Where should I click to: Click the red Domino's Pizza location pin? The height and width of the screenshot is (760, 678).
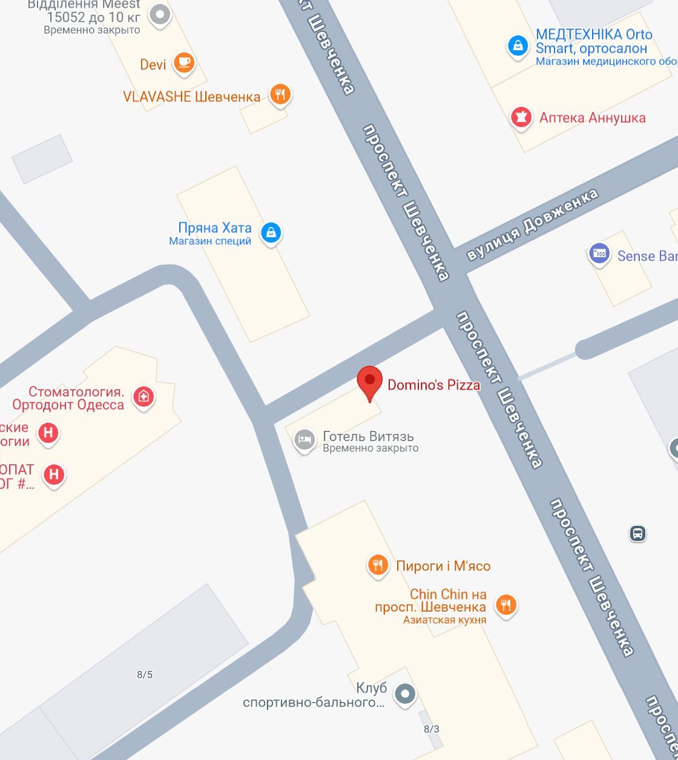click(369, 382)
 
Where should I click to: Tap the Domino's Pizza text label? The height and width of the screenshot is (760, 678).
click(433, 385)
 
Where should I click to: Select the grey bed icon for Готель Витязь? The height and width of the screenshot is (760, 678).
click(304, 439)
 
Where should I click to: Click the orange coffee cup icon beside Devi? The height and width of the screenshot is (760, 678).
click(183, 62)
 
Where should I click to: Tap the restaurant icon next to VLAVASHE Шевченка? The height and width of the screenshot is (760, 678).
click(279, 94)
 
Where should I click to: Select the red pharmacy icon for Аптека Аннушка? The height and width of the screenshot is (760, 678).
click(520, 116)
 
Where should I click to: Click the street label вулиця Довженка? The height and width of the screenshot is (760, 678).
click(532, 225)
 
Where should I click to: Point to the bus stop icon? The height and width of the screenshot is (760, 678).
click(637, 533)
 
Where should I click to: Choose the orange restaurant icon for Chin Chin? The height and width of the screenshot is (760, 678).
click(506, 604)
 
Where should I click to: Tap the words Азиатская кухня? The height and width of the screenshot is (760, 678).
click(444, 620)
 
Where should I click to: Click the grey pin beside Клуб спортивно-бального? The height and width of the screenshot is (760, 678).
click(406, 693)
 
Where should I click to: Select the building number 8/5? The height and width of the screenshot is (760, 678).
click(145, 675)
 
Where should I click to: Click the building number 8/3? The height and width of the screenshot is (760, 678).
click(432, 729)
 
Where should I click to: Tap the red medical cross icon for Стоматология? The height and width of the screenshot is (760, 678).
click(144, 397)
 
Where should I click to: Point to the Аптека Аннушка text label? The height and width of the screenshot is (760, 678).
click(592, 117)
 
